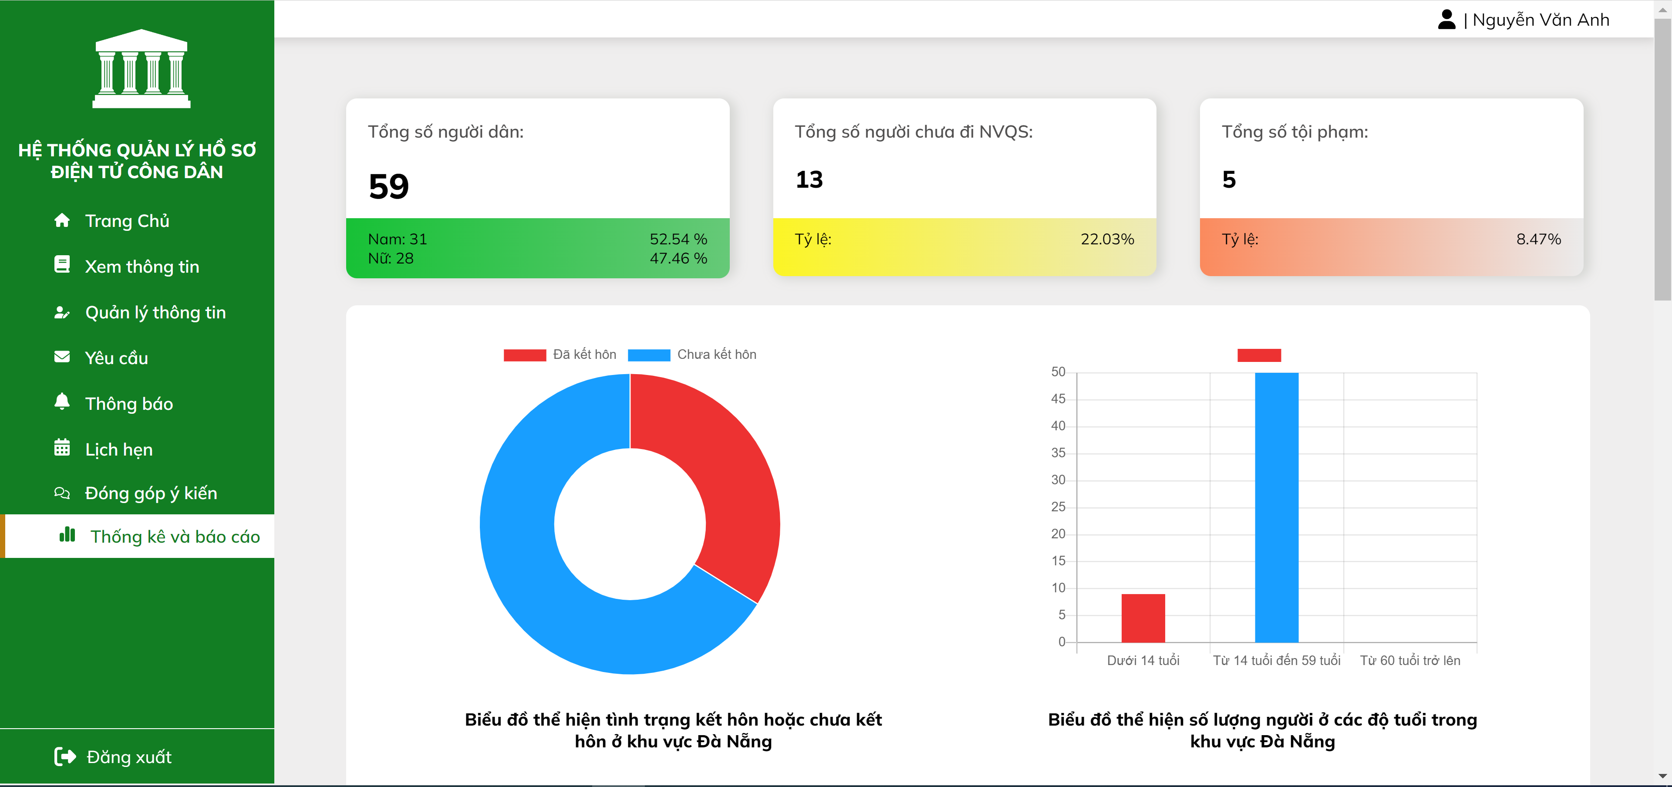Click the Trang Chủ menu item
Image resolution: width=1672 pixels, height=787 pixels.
127,221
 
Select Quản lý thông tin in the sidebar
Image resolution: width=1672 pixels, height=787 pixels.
155,312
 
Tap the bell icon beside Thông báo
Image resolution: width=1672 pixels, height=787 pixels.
62,402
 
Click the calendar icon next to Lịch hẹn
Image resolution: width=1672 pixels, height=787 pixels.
62,448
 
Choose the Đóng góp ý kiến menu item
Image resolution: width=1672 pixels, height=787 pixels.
151,493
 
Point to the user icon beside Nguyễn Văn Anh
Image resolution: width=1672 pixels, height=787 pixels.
1446,20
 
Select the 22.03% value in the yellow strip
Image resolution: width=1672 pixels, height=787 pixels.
1107,239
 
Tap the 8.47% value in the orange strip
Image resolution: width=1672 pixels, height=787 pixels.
1537,239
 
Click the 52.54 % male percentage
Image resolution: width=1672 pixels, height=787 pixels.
678,239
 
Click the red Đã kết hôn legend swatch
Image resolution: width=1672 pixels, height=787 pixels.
524,355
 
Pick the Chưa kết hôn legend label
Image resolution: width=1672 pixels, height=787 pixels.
717,355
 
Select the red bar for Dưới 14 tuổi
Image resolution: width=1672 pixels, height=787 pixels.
1143,618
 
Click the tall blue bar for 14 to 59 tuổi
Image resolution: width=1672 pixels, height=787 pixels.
1276,507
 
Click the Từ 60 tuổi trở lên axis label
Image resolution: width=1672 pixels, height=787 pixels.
1410,660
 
